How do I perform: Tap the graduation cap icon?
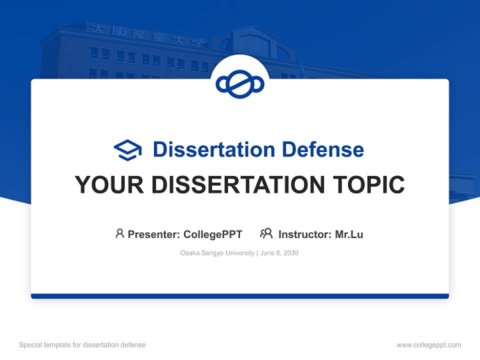127,150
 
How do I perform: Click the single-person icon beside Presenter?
119,233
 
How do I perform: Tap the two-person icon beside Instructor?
266,233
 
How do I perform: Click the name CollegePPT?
212,234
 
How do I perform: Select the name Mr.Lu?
349,234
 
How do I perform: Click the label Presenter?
154,234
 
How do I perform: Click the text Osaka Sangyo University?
217,253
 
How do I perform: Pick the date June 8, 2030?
279,253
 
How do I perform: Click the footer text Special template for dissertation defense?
82,345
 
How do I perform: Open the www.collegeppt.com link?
428,345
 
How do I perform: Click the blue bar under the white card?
240,296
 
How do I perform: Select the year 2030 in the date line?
290,253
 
